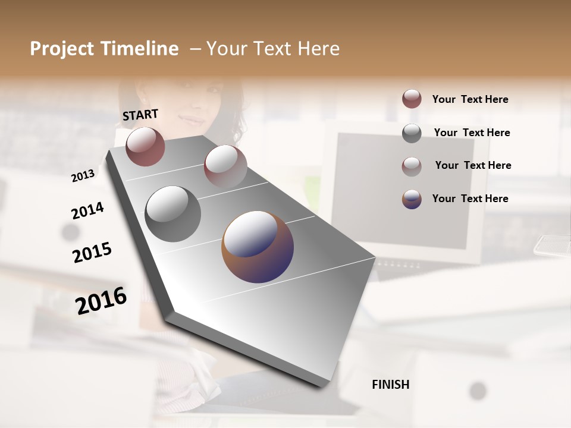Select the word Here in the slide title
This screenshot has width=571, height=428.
coord(319,49)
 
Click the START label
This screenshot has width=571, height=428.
coord(140,115)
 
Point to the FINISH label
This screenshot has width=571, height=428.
coord(390,385)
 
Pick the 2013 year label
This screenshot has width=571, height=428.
coord(83,176)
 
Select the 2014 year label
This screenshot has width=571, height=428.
coord(87,211)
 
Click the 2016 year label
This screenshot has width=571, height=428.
coord(101,300)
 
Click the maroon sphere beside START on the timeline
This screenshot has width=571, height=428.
coord(145,146)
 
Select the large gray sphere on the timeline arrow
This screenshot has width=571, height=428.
coord(173,214)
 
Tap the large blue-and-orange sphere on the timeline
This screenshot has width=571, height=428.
coord(258,247)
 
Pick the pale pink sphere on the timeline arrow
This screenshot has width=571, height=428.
coord(225,166)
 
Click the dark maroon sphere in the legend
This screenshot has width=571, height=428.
coord(412,99)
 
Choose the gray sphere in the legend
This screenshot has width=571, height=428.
coord(412,133)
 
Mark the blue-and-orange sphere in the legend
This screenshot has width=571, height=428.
coord(412,199)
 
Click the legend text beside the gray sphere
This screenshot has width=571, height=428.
coord(472,133)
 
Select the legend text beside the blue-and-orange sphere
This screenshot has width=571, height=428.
coord(470,199)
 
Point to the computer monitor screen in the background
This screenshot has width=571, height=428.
coord(404,190)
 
